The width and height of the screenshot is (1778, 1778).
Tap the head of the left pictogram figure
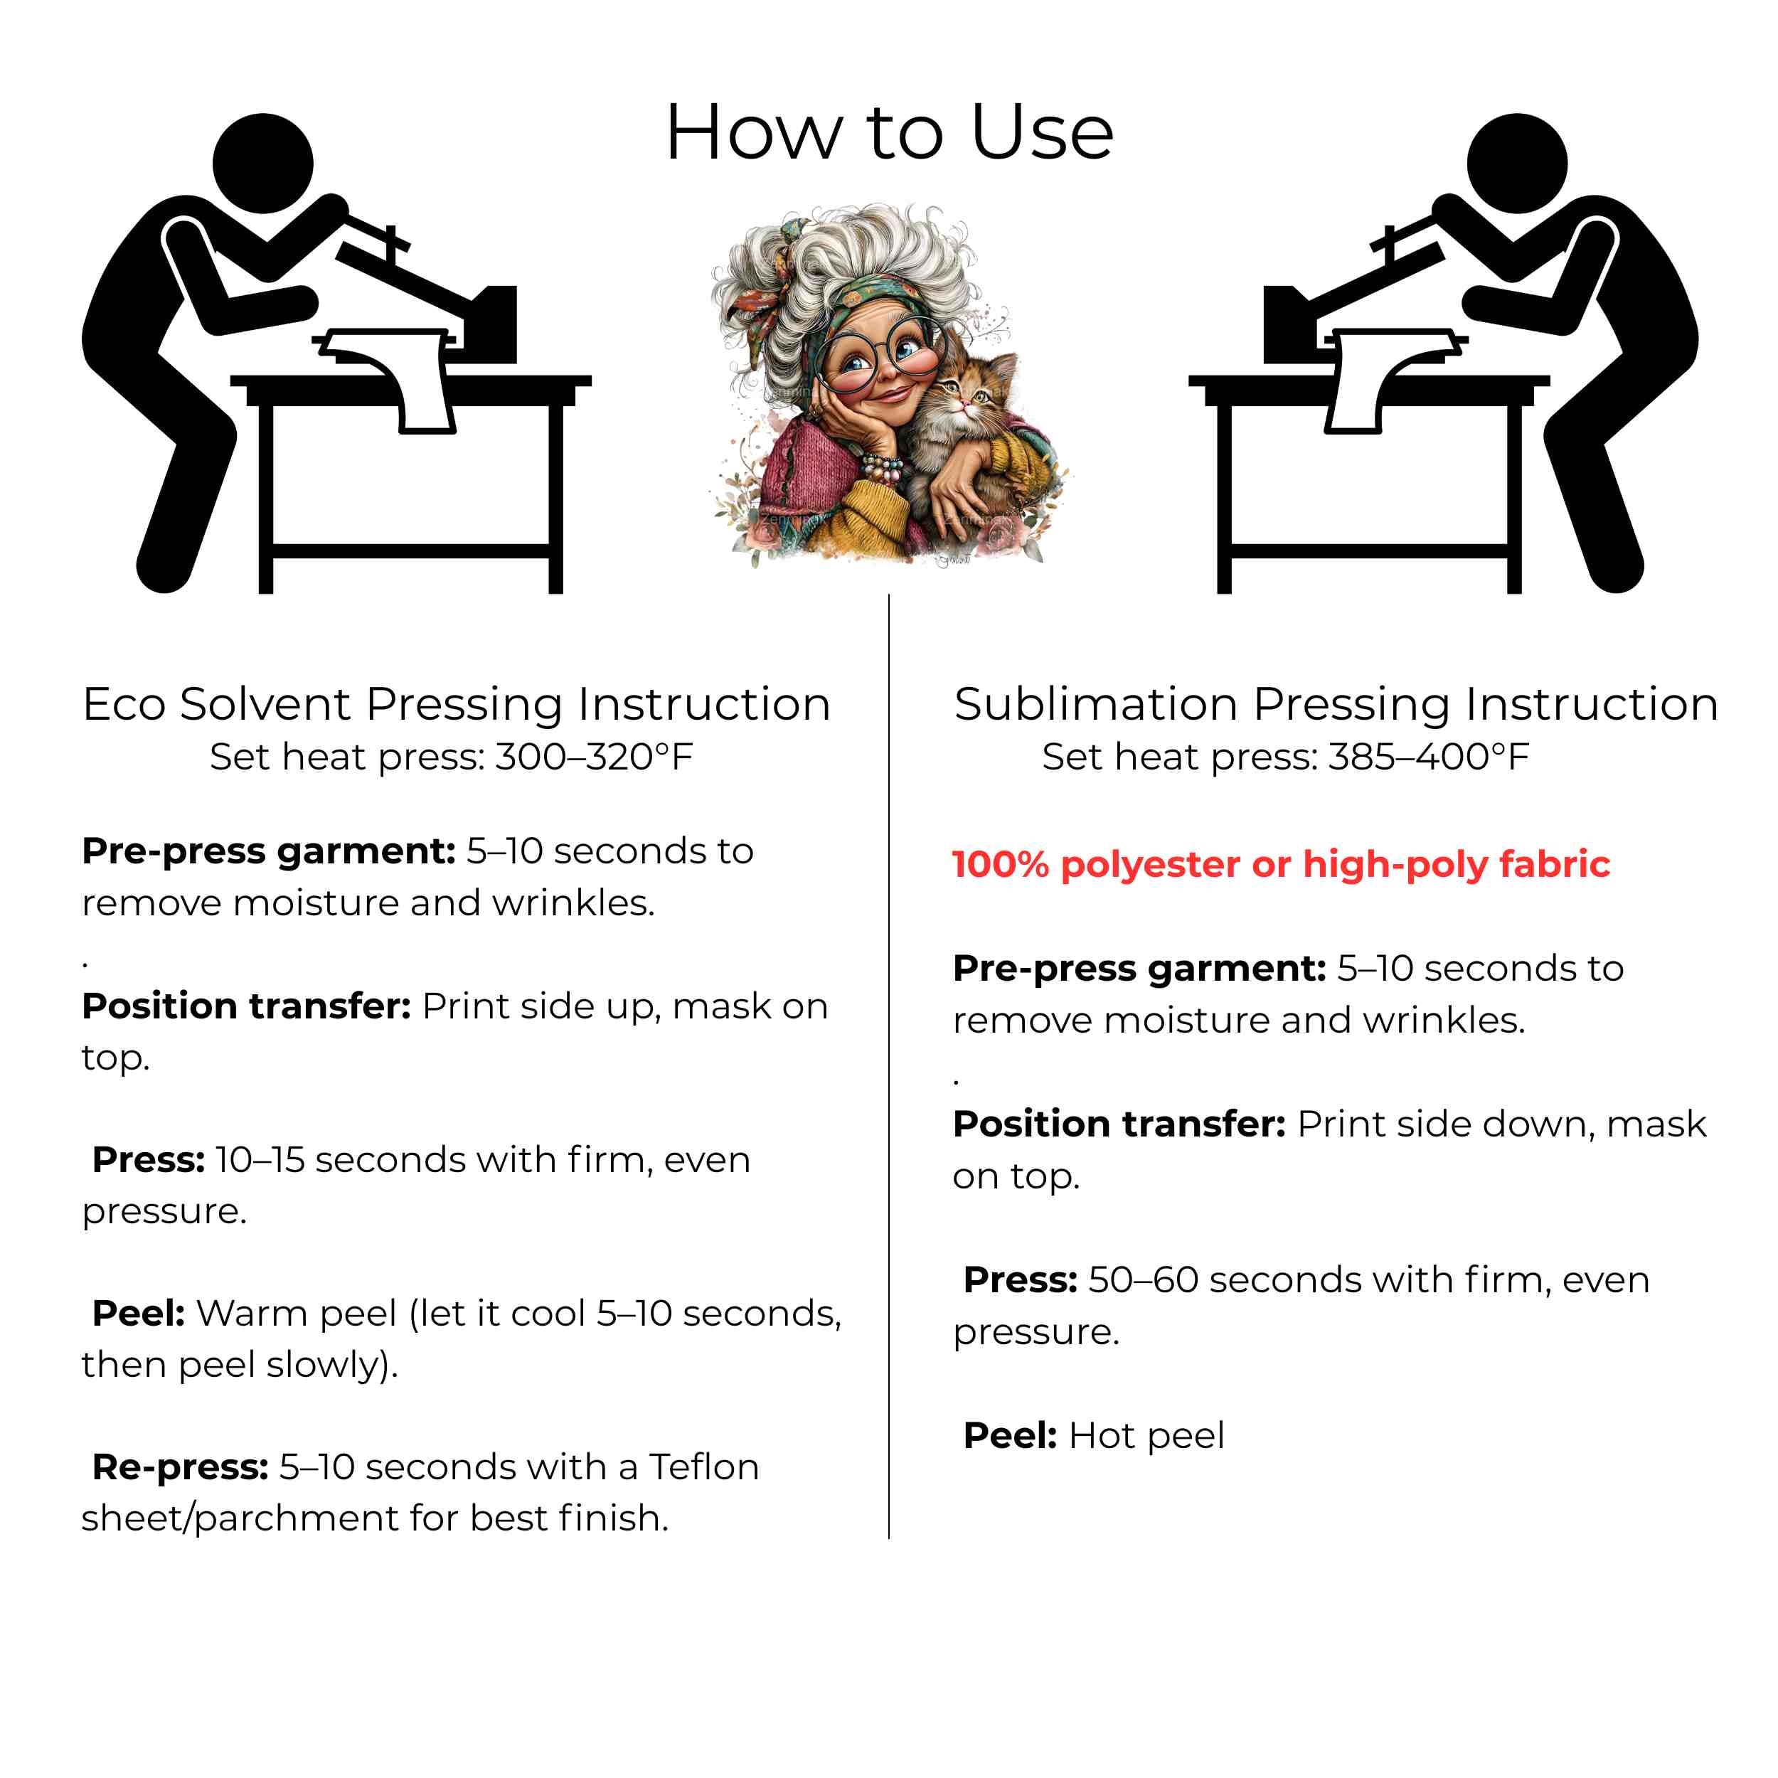tap(263, 164)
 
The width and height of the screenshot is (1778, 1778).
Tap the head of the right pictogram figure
tap(1517, 164)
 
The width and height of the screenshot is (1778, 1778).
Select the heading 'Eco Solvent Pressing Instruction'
tap(457, 705)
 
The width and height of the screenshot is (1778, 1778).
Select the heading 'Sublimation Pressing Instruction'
tap(1336, 705)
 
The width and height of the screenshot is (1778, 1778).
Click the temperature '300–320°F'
tap(595, 757)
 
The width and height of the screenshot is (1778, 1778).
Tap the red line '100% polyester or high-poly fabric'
tap(1281, 865)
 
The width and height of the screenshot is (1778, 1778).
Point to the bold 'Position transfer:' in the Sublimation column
tap(1119, 1124)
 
